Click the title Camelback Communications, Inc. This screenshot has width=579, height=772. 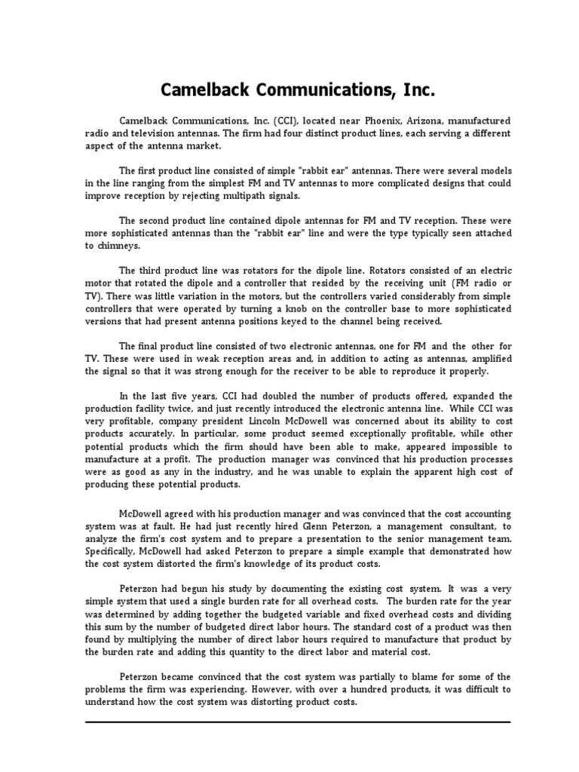298,91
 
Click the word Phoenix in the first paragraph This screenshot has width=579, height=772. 366,121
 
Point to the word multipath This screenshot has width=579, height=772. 246,196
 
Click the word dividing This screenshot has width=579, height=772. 488,615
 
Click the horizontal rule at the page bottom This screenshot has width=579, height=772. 298,722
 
